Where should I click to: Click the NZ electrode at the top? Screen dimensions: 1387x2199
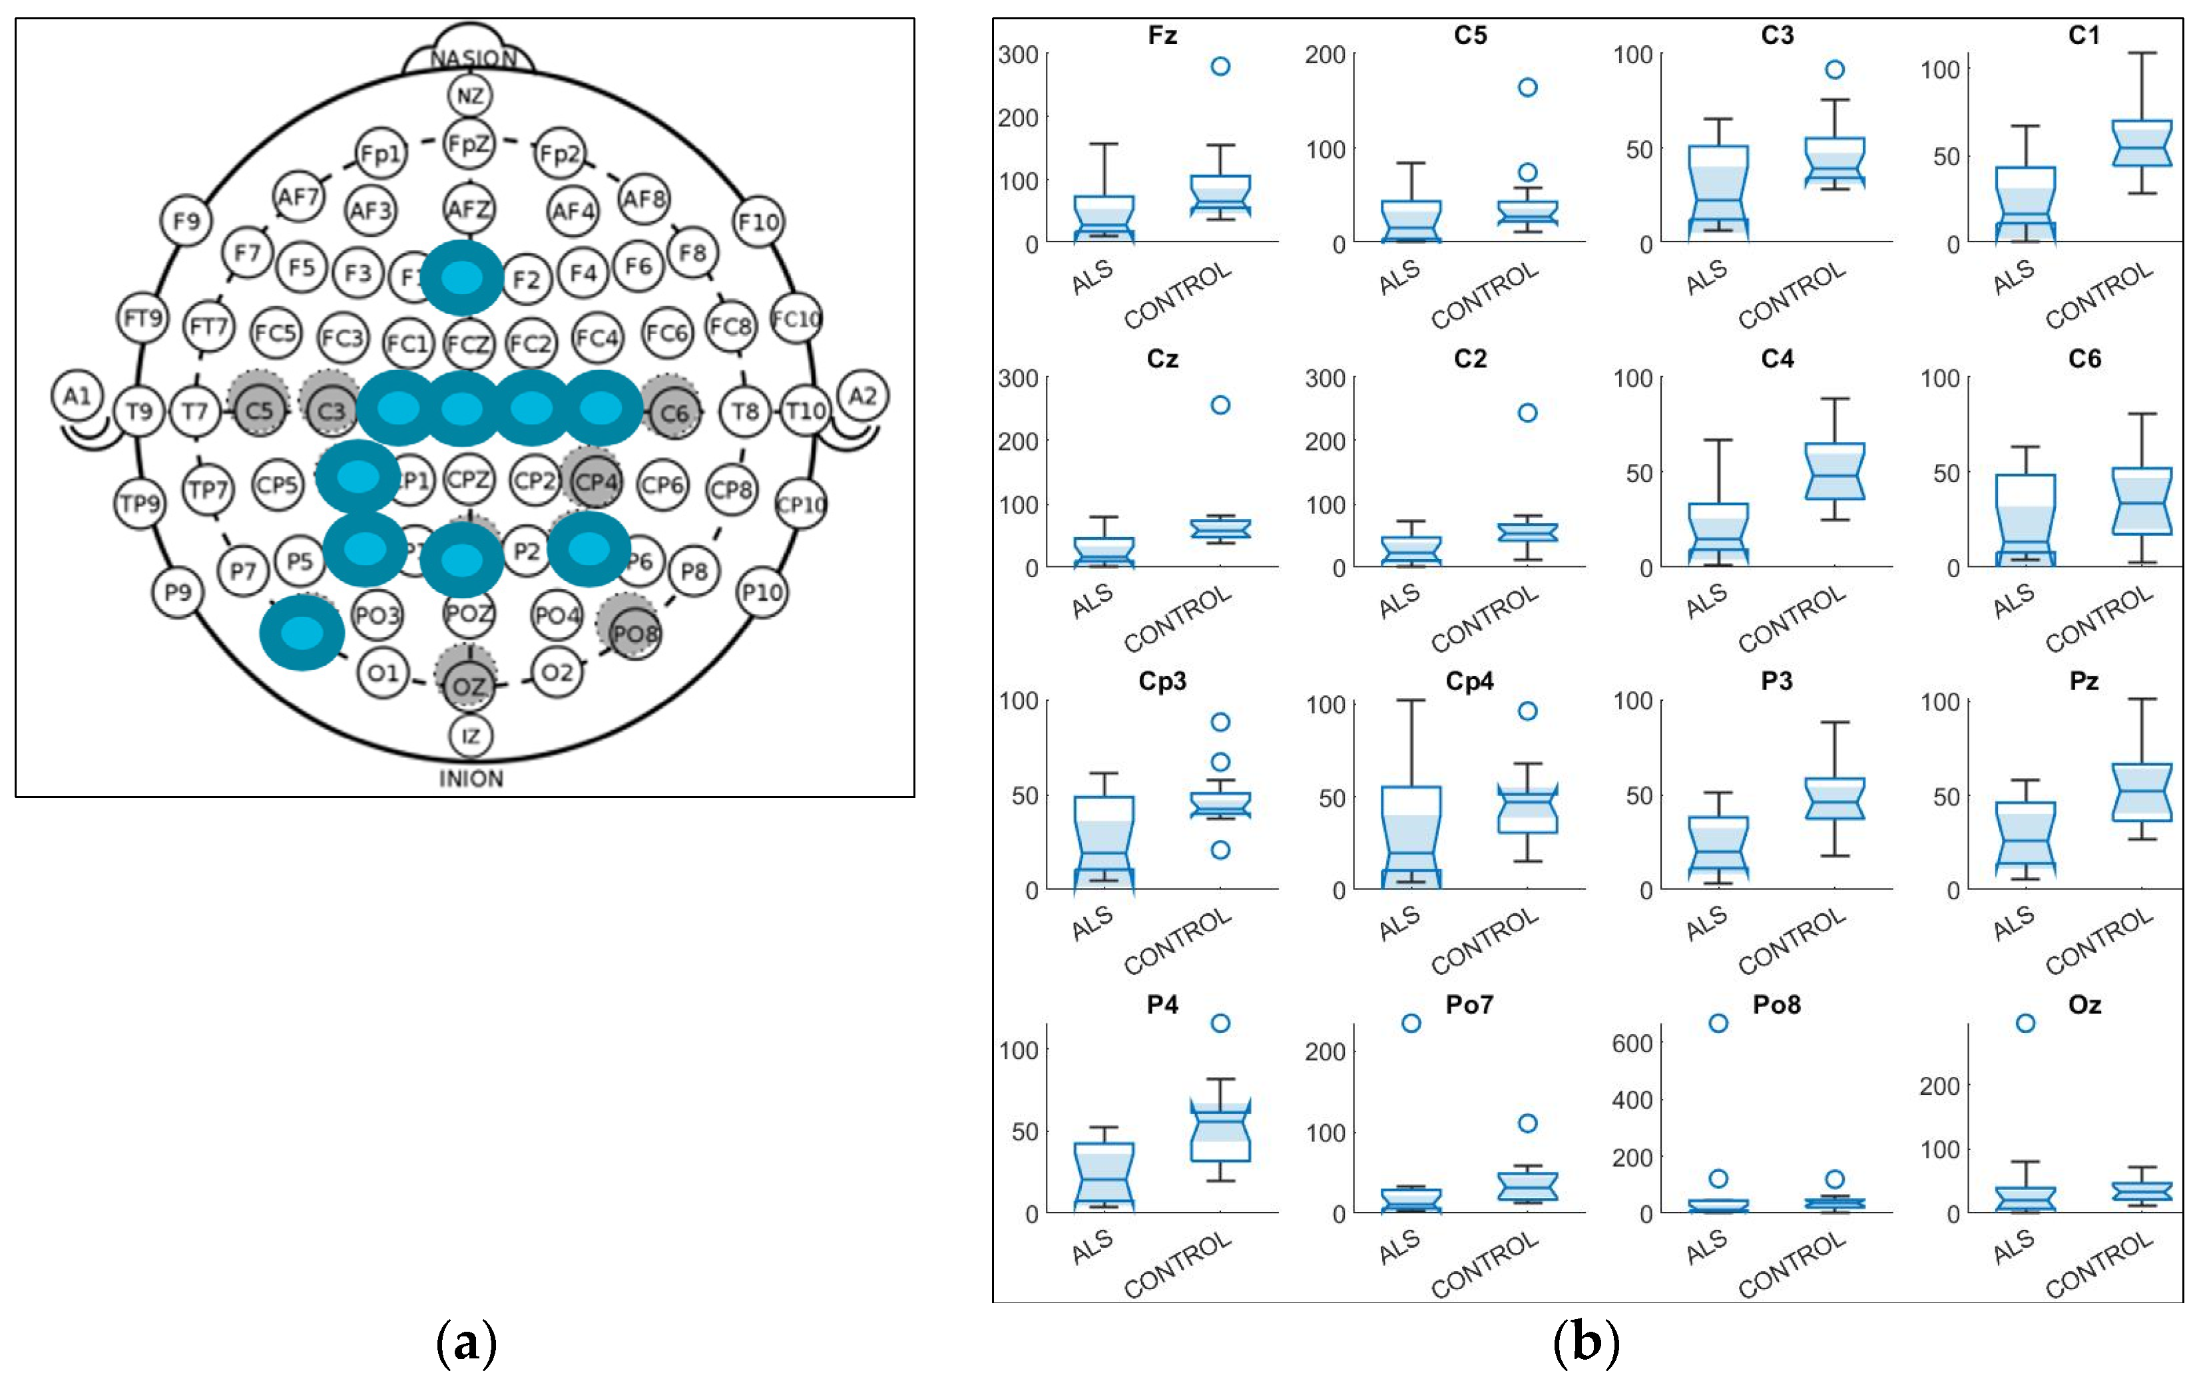click(x=470, y=95)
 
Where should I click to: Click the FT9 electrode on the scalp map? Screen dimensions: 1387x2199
click(x=142, y=317)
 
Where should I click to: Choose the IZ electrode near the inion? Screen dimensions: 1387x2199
click(x=470, y=736)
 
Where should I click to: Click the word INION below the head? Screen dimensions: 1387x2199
click(x=470, y=779)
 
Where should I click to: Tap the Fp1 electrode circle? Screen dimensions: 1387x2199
click(x=381, y=153)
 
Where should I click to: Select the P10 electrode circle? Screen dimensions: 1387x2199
click(x=762, y=592)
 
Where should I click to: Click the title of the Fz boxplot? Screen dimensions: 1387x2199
click(x=1162, y=36)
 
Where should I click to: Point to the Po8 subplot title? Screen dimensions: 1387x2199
click(x=1776, y=1004)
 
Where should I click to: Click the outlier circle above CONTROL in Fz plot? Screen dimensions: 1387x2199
click(x=1220, y=66)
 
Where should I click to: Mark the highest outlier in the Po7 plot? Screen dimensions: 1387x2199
click(x=1411, y=1023)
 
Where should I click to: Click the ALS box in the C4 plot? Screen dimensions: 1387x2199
click(x=1718, y=534)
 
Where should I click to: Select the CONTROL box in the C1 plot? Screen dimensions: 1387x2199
click(x=2142, y=143)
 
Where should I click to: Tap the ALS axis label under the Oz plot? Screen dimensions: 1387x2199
click(x=2014, y=1247)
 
